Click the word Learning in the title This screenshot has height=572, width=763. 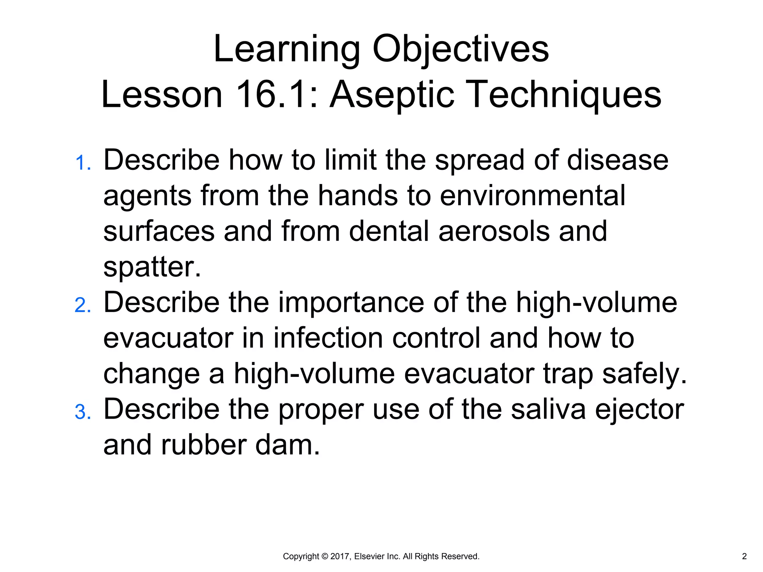[x=286, y=50]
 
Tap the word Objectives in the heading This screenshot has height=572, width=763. [x=460, y=50]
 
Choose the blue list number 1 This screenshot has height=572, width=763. [x=82, y=163]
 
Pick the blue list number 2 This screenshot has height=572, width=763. [x=82, y=306]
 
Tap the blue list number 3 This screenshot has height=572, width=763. [x=82, y=413]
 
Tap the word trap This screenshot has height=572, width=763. [x=568, y=374]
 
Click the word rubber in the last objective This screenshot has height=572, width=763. [x=203, y=445]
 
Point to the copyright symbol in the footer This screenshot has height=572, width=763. [x=324, y=556]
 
